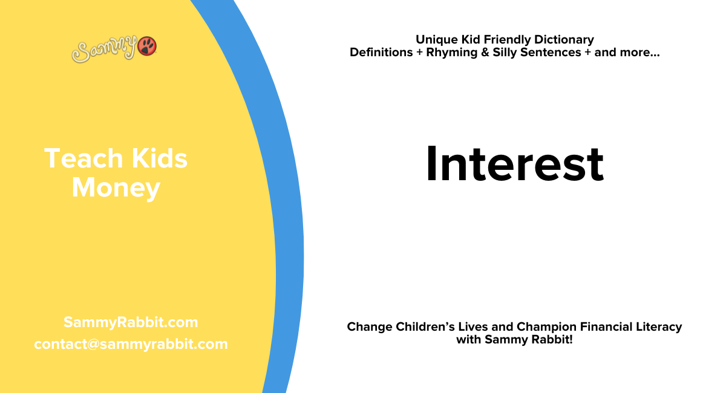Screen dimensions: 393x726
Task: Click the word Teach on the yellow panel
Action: [75, 158]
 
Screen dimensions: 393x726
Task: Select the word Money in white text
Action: [116, 187]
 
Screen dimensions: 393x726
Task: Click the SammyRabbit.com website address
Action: [131, 322]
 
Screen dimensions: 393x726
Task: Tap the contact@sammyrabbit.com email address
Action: [131, 344]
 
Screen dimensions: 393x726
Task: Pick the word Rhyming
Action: [459, 53]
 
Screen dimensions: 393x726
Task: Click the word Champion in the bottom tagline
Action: [544, 327]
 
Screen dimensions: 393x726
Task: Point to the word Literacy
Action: [658, 327]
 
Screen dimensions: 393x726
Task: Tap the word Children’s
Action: [431, 327]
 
